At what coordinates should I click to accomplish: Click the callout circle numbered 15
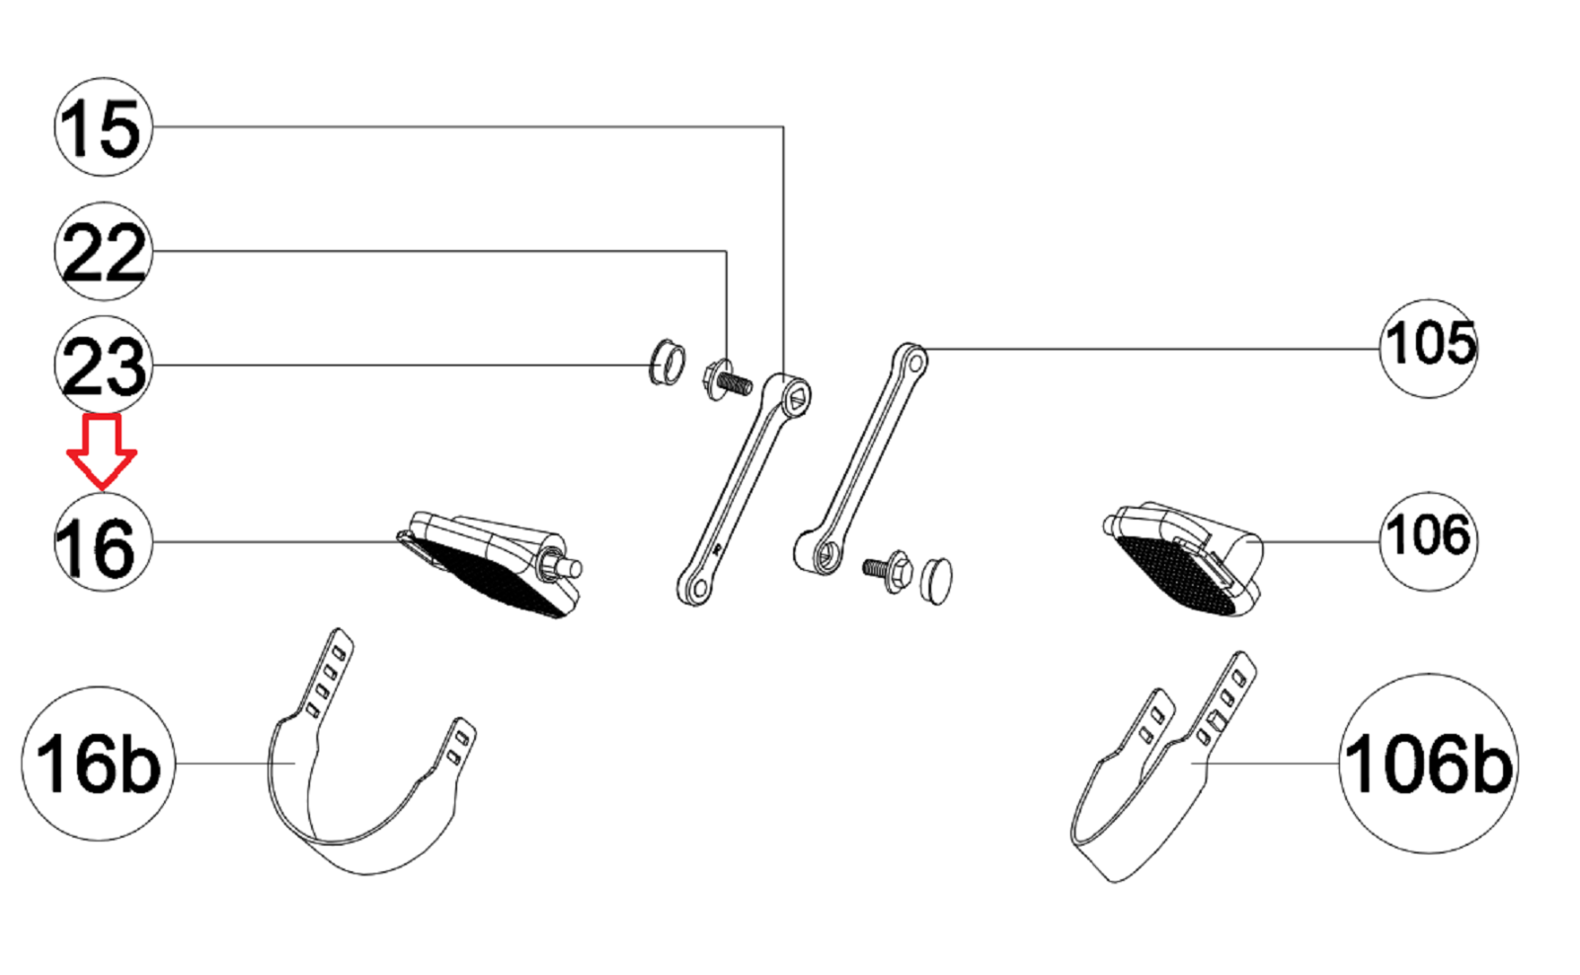pos(104,127)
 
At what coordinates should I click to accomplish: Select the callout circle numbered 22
pos(104,251)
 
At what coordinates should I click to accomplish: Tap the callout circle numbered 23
pos(104,365)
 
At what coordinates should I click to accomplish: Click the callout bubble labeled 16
pos(104,541)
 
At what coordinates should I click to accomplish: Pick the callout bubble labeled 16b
pos(99,764)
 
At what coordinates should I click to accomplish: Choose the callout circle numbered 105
pos(1428,349)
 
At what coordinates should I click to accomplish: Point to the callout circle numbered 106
pos(1428,541)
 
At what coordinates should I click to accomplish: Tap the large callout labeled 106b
pos(1428,764)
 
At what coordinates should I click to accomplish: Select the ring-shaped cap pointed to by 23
pos(667,362)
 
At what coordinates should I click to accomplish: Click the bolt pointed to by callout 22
pos(727,380)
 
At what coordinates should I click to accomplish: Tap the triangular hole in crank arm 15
pos(798,400)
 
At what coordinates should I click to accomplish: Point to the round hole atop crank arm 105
pos(914,364)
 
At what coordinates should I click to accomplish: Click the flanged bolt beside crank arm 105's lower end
pos(889,570)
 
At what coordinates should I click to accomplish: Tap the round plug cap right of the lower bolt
pos(936,581)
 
